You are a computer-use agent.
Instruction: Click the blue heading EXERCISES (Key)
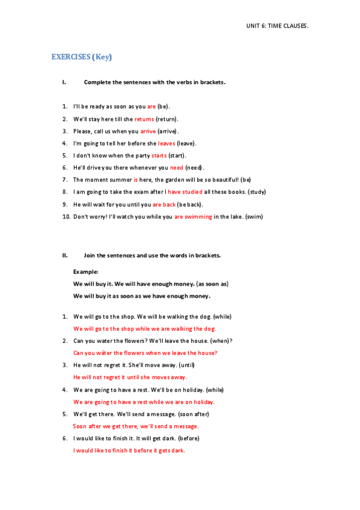pyautogui.click(x=82, y=57)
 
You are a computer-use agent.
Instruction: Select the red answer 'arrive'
pyautogui.click(x=148, y=131)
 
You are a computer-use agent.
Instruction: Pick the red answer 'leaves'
pyautogui.click(x=166, y=143)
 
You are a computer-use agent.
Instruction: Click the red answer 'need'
pyautogui.click(x=177, y=167)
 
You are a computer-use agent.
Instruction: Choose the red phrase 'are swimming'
pyautogui.click(x=193, y=217)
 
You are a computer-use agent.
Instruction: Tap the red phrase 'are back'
pyautogui.click(x=163, y=204)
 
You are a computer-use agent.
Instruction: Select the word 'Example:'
pyautogui.click(x=85, y=272)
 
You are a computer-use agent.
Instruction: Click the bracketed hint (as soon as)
pyautogui.click(x=213, y=284)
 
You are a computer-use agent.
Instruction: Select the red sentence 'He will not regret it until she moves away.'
pyautogui.click(x=130, y=377)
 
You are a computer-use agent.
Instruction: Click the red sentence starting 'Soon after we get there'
pyautogui.click(x=135, y=426)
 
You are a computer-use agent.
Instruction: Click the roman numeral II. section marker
pyautogui.click(x=65, y=255)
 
